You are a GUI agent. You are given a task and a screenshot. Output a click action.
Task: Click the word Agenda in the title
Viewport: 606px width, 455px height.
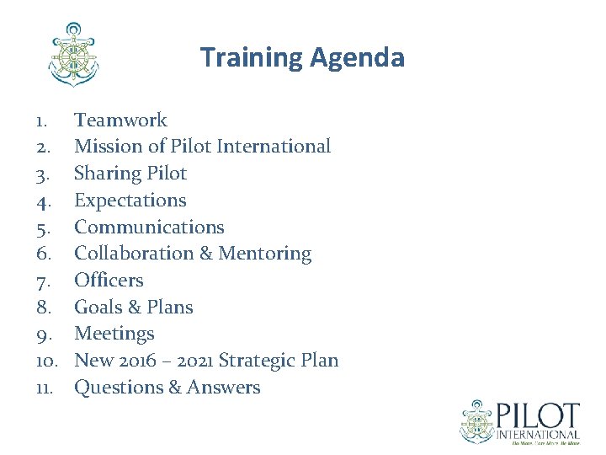tap(357, 58)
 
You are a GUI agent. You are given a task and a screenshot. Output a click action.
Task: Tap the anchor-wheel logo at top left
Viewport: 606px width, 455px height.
tap(74, 55)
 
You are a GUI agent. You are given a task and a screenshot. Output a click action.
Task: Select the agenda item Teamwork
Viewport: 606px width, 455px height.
tap(120, 120)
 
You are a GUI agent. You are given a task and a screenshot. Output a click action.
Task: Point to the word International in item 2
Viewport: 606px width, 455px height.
tap(274, 147)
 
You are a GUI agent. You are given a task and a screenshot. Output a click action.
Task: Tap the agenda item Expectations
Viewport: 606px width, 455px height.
tap(130, 201)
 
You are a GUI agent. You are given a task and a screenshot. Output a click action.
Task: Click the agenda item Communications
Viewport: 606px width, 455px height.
tap(149, 227)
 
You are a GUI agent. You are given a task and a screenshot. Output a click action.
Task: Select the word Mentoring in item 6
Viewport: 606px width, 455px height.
tap(265, 254)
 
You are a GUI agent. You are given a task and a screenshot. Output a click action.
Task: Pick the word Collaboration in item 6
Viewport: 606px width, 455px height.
tap(142, 254)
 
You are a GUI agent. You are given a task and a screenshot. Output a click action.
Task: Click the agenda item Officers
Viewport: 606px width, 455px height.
tap(109, 281)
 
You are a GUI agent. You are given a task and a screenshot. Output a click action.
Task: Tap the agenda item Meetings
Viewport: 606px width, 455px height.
tap(114, 335)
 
